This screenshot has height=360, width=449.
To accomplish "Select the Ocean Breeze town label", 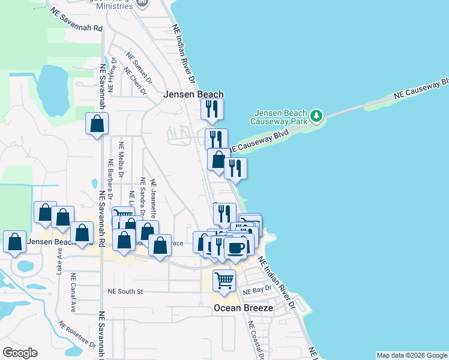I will pos(244,308).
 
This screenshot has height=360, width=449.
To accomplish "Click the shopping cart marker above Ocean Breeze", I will pos(224,280).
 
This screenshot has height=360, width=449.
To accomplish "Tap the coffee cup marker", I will pos(236,247).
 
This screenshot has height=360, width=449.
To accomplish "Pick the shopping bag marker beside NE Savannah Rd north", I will pos(97,124).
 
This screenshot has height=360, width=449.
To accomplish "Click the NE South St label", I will pos(125,292).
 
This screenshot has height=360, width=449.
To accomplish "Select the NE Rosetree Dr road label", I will pos(77,334).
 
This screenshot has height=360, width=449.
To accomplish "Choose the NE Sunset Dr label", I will pos(139,67).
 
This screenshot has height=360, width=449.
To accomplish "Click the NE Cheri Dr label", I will pos(134,80).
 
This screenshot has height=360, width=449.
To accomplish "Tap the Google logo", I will pos(20,353).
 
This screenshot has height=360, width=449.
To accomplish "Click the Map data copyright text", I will pos(412,355).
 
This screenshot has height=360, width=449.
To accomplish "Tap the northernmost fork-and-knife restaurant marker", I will pos(211,109).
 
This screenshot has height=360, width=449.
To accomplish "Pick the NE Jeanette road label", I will pos(154,198).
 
